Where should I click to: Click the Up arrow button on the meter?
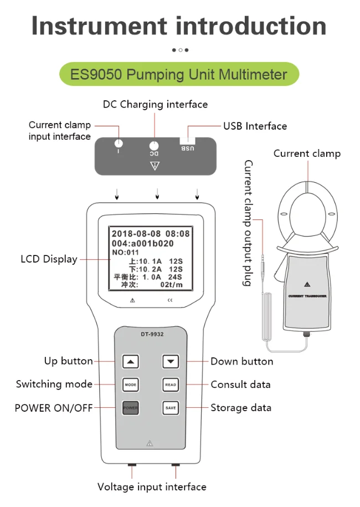click(131, 362)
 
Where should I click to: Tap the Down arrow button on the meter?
click(171, 362)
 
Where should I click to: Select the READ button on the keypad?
click(171, 385)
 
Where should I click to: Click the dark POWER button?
click(130, 408)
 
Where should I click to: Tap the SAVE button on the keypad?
click(171, 408)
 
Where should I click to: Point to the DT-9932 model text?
click(151, 334)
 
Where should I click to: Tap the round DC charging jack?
click(155, 146)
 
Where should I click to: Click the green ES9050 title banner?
click(179, 74)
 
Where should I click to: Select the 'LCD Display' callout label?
click(49, 259)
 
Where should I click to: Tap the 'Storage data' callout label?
click(241, 408)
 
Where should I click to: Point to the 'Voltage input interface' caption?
click(152, 487)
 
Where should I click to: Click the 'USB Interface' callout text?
click(255, 126)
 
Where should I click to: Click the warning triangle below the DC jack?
click(155, 166)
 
